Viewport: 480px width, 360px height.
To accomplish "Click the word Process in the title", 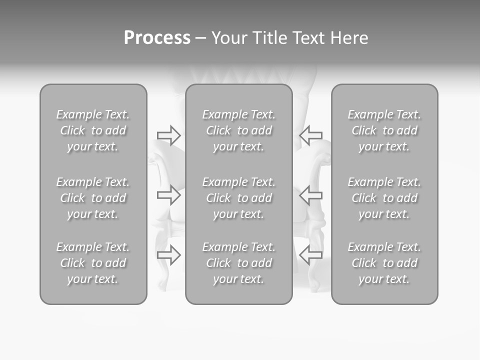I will [x=157, y=38].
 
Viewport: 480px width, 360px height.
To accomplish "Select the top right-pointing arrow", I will [x=168, y=135].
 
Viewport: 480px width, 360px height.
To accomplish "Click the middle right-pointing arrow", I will [x=168, y=195].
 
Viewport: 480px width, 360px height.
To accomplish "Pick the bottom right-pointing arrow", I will [x=168, y=255].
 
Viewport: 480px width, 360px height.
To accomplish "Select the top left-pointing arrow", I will [x=310, y=135].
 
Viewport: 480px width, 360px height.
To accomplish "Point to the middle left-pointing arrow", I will [x=310, y=195].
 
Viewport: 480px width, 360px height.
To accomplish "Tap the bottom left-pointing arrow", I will [x=310, y=255].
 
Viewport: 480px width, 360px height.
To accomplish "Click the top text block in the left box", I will [x=93, y=130].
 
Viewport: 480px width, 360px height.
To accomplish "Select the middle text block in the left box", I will [x=93, y=198].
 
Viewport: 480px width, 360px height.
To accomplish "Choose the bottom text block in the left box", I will [x=93, y=263].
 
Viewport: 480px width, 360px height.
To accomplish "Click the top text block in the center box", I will [x=239, y=130].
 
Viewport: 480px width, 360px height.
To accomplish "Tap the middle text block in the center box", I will [x=239, y=198].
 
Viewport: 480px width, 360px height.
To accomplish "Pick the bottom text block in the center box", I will [x=239, y=263].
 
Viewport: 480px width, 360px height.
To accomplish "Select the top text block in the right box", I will [x=384, y=130].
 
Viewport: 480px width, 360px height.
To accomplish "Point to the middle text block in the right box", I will [x=384, y=198].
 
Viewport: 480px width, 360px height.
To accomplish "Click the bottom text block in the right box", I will [x=384, y=263].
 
